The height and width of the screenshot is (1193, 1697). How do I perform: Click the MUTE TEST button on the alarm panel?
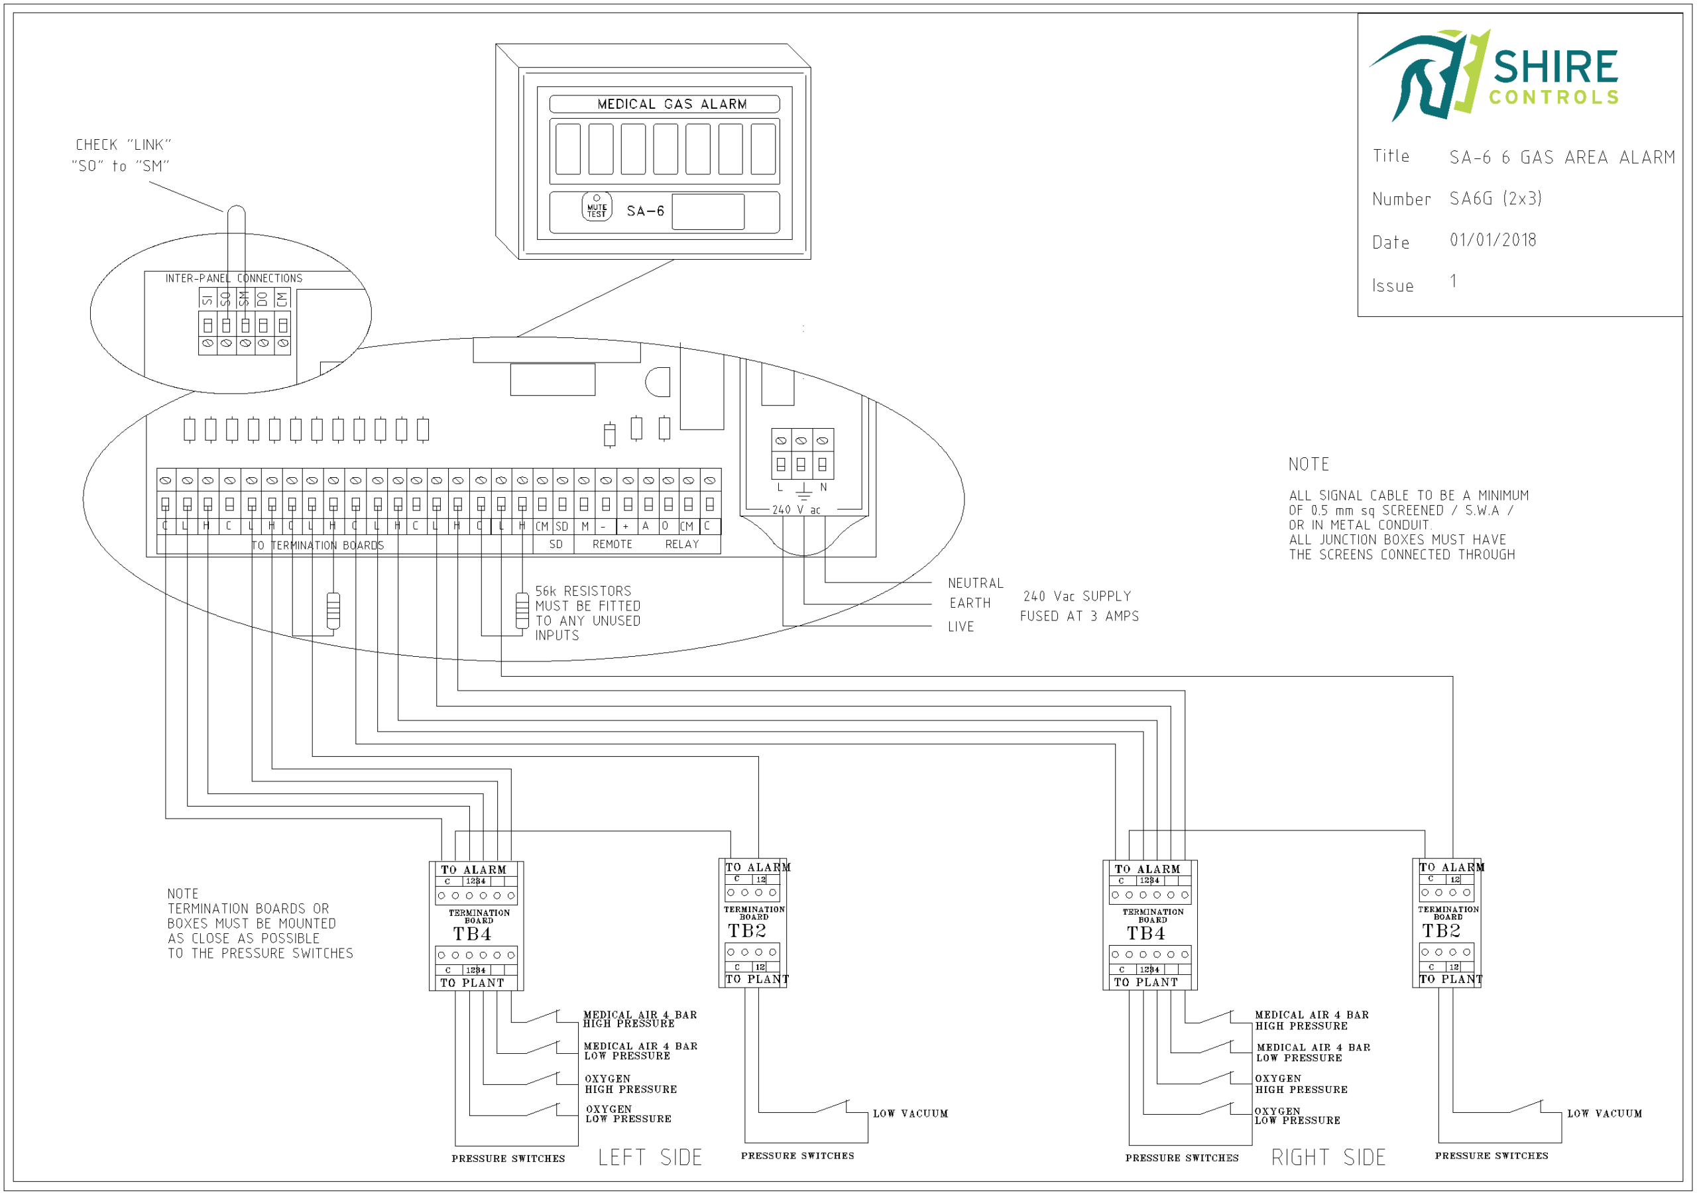pyautogui.click(x=597, y=208)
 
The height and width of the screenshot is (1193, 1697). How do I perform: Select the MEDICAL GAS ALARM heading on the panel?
pyautogui.click(x=672, y=104)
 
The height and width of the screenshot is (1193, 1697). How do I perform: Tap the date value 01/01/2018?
pyautogui.click(x=1492, y=240)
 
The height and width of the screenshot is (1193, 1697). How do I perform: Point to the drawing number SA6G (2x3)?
pyautogui.click(x=1495, y=198)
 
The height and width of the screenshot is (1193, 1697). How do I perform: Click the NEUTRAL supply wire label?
pyautogui.click(x=975, y=583)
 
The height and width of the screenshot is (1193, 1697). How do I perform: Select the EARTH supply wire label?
pyautogui.click(x=970, y=603)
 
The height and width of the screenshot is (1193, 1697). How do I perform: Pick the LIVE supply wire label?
pyautogui.click(x=961, y=627)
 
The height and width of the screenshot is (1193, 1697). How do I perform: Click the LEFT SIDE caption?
pyautogui.click(x=650, y=1157)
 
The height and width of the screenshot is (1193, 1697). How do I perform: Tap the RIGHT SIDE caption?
pyautogui.click(x=1328, y=1157)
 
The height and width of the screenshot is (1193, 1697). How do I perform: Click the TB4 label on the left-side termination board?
pyautogui.click(x=472, y=934)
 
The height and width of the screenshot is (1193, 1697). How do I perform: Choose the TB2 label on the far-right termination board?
pyautogui.click(x=1440, y=931)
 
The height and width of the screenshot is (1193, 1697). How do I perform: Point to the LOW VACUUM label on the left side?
pyautogui.click(x=910, y=1113)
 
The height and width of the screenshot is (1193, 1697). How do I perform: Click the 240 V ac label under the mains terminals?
pyautogui.click(x=796, y=510)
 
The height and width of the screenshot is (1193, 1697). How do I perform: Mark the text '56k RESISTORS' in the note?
pyautogui.click(x=583, y=591)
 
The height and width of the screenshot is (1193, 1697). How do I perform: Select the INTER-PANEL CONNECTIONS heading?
pyautogui.click(x=233, y=278)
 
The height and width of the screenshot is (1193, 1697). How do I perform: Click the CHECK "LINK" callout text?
pyautogui.click(x=123, y=145)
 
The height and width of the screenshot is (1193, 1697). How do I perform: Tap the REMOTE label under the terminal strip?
pyautogui.click(x=612, y=544)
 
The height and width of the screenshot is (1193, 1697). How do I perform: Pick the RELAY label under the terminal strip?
pyautogui.click(x=681, y=544)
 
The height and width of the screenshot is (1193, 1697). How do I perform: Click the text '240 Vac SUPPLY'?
pyautogui.click(x=1077, y=596)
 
